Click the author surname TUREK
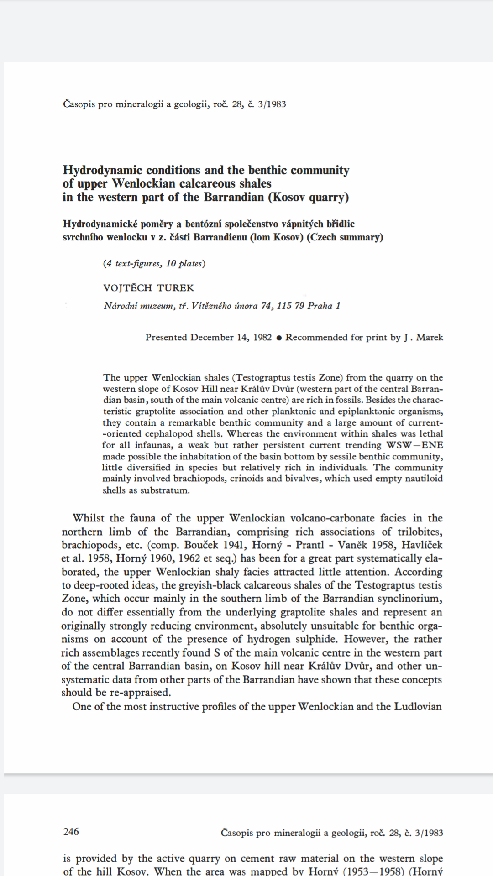click(176, 288)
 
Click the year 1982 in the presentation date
click(262, 338)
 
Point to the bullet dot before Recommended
click(279, 338)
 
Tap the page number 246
click(71, 832)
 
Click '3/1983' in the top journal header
click(272, 104)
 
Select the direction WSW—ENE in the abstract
click(414, 445)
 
